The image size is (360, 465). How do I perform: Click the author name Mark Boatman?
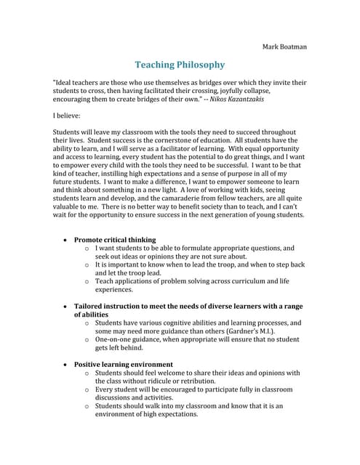(284, 46)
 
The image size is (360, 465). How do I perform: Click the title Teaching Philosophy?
(180, 65)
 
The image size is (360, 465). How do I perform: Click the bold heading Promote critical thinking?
(115, 239)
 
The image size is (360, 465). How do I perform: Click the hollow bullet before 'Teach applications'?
(87, 281)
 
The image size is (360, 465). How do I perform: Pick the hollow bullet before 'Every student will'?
(87, 389)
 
